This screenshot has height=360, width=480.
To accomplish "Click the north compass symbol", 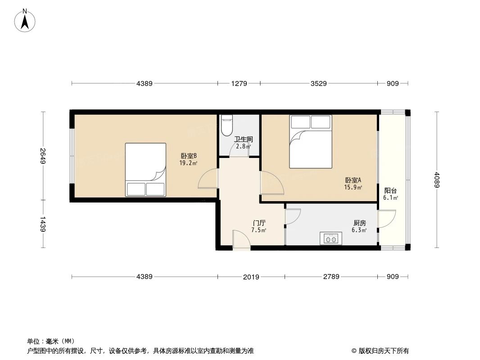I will click(x=25, y=20).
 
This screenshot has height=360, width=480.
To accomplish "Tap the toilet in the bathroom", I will click(x=226, y=126).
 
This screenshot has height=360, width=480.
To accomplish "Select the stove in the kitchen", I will click(x=331, y=238).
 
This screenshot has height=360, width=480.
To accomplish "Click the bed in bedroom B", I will click(x=145, y=170).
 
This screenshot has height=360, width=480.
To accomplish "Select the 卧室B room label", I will click(x=188, y=156).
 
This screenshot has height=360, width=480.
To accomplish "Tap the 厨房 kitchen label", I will click(x=359, y=223).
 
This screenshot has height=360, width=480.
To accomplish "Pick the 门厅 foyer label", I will click(x=259, y=223).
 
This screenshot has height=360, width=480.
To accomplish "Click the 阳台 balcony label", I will click(x=390, y=190).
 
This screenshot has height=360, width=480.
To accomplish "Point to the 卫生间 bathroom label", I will click(x=243, y=139).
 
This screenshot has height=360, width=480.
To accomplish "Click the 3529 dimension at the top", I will click(x=318, y=83).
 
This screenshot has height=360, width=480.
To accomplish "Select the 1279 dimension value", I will click(x=239, y=83).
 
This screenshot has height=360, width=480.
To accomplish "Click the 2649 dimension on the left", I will click(x=43, y=156).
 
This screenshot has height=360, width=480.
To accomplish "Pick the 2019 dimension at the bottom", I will click(x=251, y=277).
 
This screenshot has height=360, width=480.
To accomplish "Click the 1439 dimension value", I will click(x=43, y=224).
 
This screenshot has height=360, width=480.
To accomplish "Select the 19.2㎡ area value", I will click(x=188, y=163).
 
